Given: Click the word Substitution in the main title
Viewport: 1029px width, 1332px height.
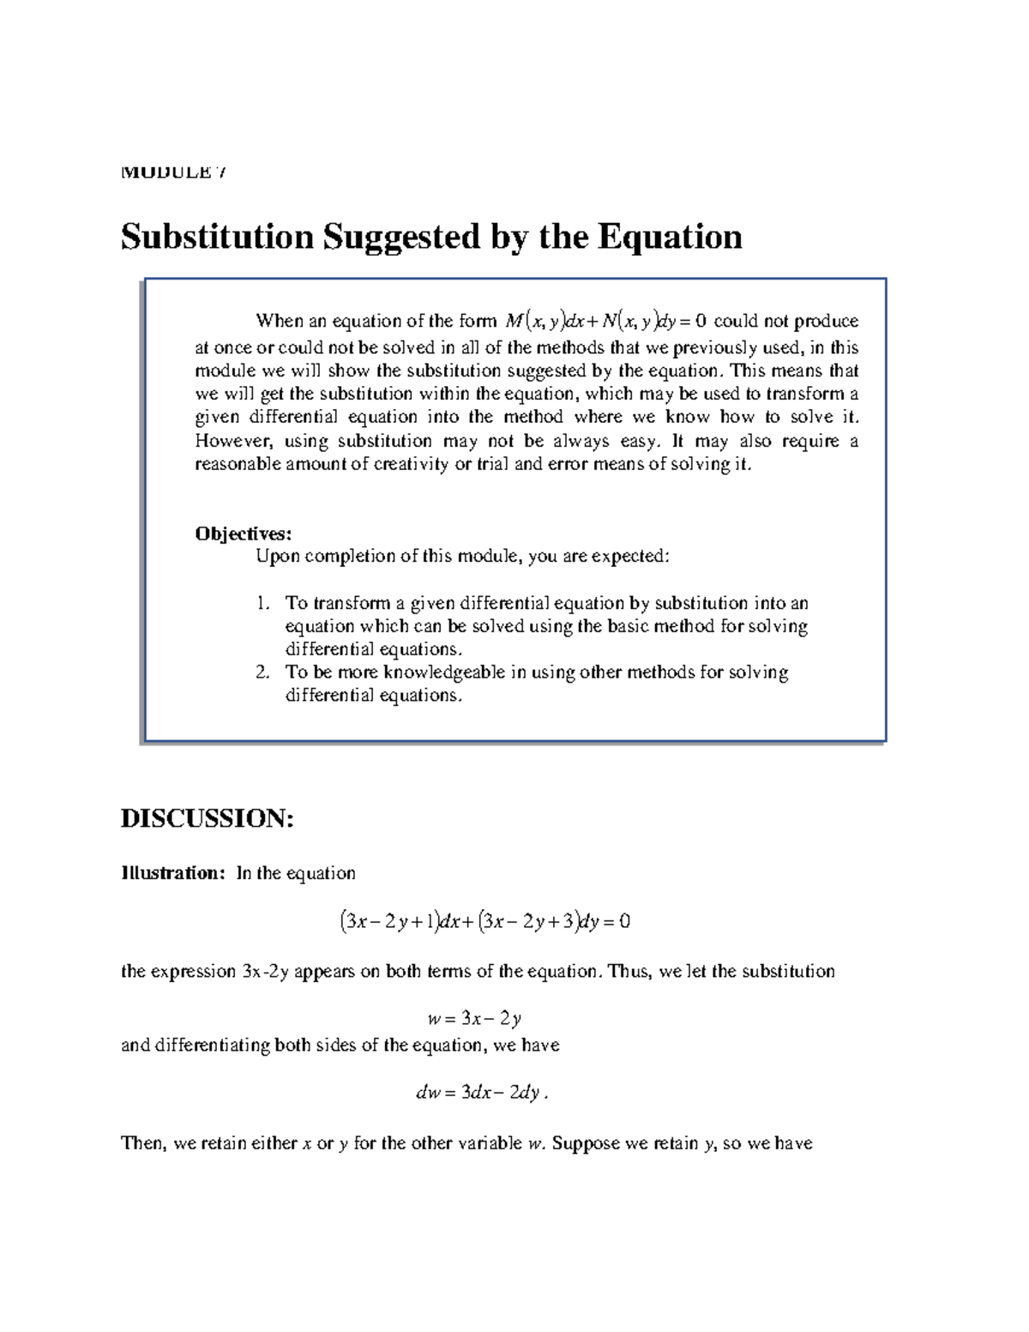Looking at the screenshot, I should click(217, 237).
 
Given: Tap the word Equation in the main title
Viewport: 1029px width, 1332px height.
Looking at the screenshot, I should click(670, 237).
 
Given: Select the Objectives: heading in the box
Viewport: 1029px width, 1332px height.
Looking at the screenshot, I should click(244, 533).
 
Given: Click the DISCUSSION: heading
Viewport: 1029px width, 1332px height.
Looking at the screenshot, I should click(207, 818).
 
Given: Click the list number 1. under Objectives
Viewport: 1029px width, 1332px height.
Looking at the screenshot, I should click(263, 603).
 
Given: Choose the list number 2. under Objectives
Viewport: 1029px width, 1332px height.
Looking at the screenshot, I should click(263, 672).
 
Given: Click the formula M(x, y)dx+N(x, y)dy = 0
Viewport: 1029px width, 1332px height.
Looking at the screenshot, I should click(605, 322).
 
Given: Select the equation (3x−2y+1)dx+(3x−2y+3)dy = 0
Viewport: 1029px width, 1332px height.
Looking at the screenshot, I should click(485, 922).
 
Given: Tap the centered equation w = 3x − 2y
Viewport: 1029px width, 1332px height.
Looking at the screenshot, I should click(474, 1019).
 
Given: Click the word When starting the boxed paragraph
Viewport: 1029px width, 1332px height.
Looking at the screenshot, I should click(280, 322).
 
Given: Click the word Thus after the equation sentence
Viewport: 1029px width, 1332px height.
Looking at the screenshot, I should click(629, 972).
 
